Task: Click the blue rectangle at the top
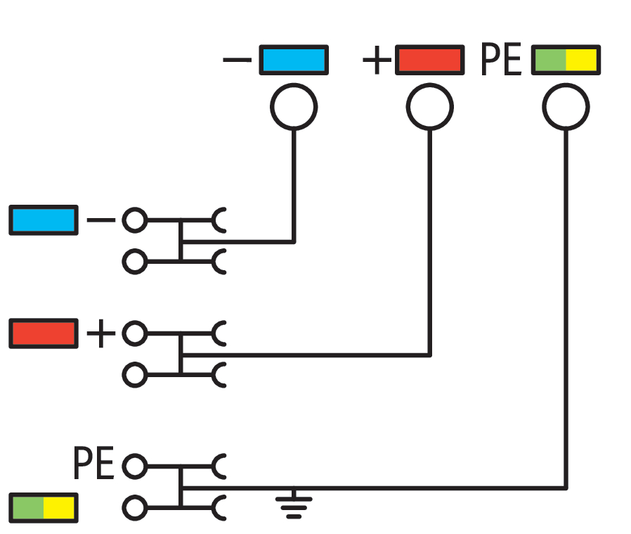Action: coord(294,60)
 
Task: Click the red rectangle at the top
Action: coord(429,60)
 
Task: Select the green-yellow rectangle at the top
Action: coord(566,60)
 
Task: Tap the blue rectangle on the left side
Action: coord(43,220)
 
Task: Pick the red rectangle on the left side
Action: coord(43,333)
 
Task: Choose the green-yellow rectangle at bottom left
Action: coord(43,507)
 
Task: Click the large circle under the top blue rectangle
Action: coord(294,107)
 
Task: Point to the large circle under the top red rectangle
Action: coord(429,107)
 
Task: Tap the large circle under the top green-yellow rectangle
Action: coord(566,107)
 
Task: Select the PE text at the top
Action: coord(501,61)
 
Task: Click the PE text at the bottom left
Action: coord(93,465)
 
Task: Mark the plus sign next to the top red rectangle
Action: coord(377,61)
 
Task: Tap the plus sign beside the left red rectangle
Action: coord(100,333)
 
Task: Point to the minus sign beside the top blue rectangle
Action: coord(237,61)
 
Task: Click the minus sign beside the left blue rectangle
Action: coord(100,221)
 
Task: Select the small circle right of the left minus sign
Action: coord(134,221)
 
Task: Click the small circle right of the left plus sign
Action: coord(134,333)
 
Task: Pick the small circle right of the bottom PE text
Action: coord(134,466)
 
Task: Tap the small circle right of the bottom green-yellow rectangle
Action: coord(134,507)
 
